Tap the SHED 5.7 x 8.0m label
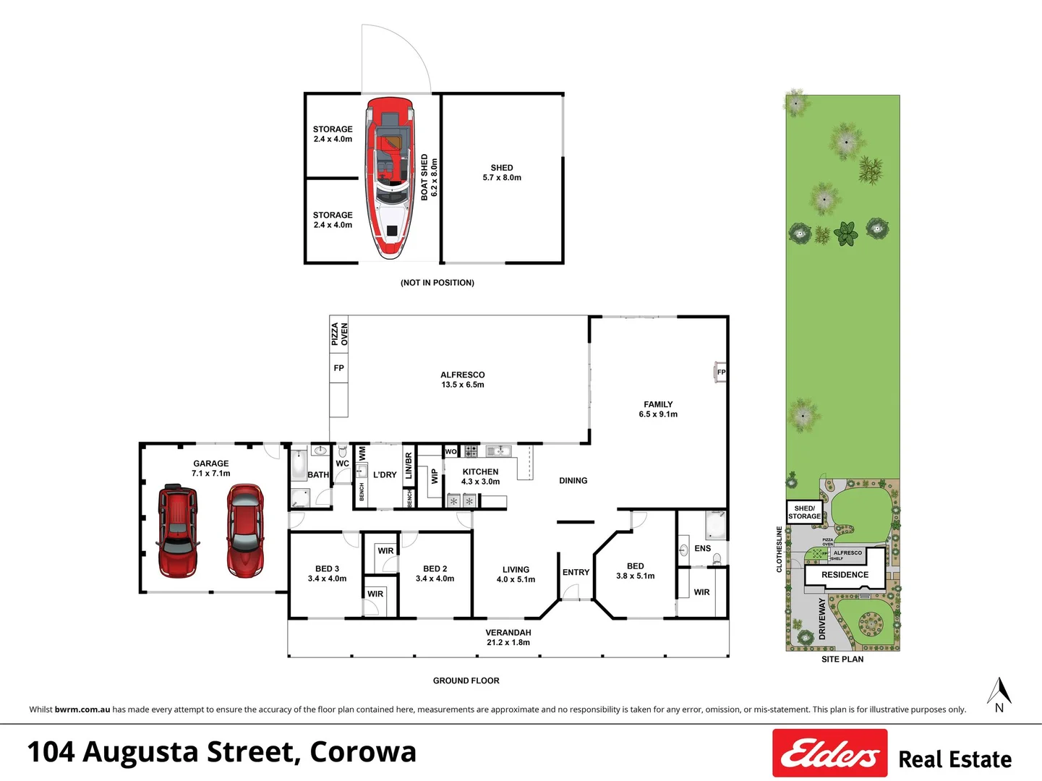502,173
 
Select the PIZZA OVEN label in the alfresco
339,334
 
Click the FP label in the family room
721,372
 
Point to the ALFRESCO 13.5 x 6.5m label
463,380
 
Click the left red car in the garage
177,531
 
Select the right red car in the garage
245,531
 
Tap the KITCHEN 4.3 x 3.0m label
480,477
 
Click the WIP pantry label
435,476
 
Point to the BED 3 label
327,573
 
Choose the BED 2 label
435,573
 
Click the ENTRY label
576,573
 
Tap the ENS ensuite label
702,549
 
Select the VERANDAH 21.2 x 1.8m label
508,637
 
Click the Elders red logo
829,754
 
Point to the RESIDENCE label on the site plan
845,575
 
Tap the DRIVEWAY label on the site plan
822,618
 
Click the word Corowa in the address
363,752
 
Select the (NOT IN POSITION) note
437,283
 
